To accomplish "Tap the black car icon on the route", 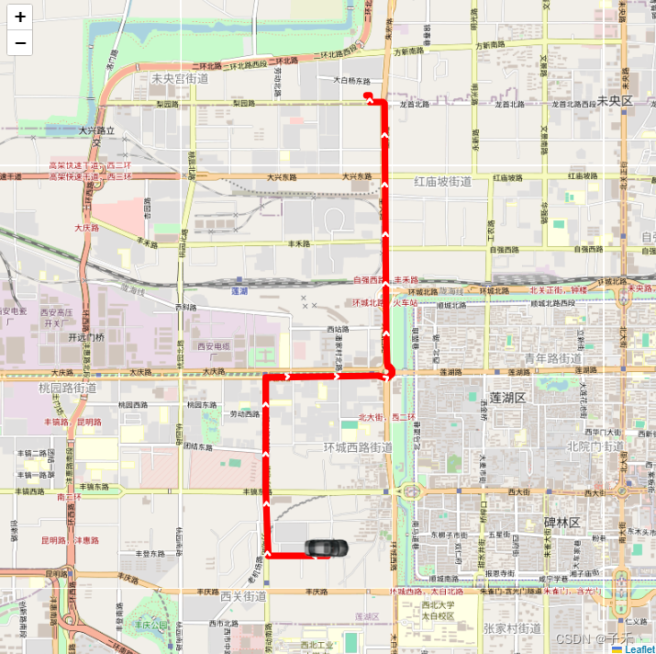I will click(x=326, y=548).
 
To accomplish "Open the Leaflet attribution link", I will click(x=639, y=648).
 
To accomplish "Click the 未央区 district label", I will click(x=615, y=100).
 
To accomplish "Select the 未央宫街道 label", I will click(x=180, y=79).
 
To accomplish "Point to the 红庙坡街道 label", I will click(x=443, y=182).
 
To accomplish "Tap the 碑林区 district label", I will click(x=562, y=523).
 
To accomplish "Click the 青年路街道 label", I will click(x=553, y=358).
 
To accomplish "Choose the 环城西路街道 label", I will click(x=358, y=447).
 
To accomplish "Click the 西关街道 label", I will click(x=243, y=596).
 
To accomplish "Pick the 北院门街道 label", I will click(x=595, y=446).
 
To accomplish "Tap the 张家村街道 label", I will click(x=512, y=628).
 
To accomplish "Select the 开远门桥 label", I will click(x=86, y=337).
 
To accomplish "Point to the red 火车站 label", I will click(x=406, y=301).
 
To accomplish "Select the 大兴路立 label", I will click(x=96, y=131).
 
